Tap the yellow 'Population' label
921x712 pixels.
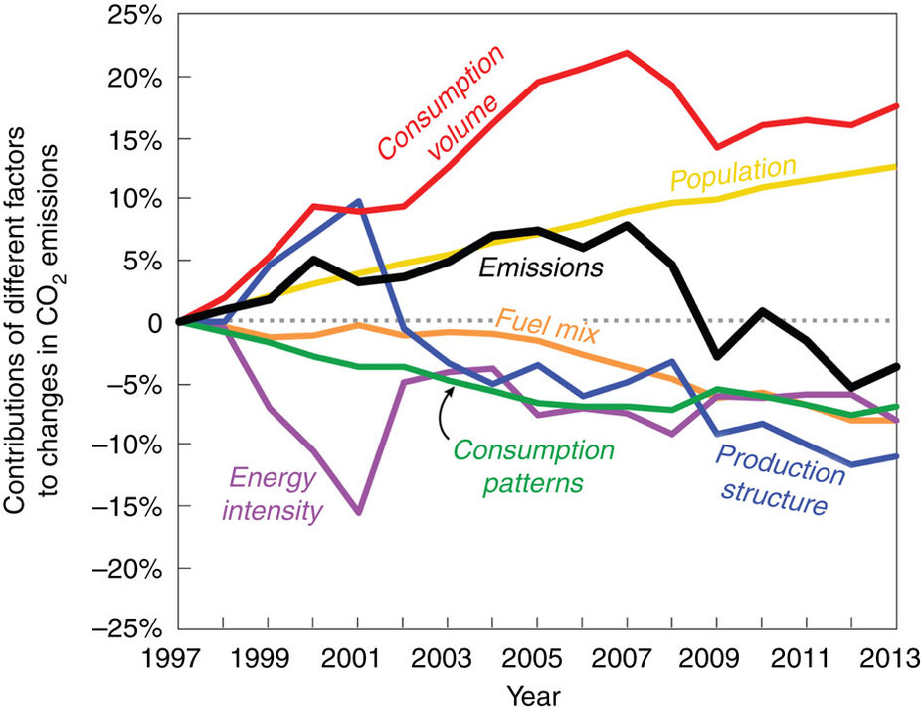coord(733,172)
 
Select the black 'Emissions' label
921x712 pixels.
coord(541,267)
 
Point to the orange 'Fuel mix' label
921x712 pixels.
coord(541,324)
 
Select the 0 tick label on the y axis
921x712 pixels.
coord(154,322)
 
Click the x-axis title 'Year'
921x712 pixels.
coord(537,692)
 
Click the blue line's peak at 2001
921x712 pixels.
coord(357,201)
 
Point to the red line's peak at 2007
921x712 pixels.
coord(627,53)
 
